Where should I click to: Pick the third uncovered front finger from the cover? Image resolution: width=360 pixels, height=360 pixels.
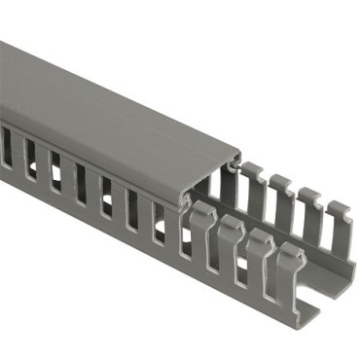coord(259,257)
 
